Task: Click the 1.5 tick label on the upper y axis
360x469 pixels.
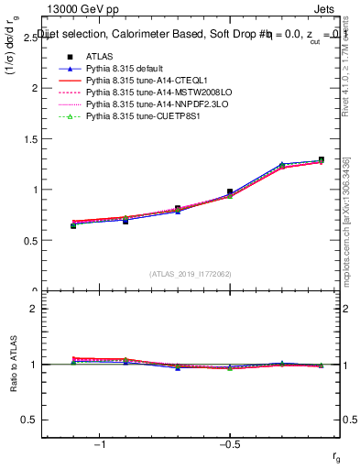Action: click(27, 139)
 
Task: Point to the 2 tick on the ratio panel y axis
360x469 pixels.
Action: click(32, 309)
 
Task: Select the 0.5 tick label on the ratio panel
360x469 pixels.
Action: click(27, 420)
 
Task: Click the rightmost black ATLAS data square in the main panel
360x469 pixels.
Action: click(321, 160)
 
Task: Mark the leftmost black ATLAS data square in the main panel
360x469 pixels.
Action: click(73, 225)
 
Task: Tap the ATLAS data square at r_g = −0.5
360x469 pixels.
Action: click(230, 192)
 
